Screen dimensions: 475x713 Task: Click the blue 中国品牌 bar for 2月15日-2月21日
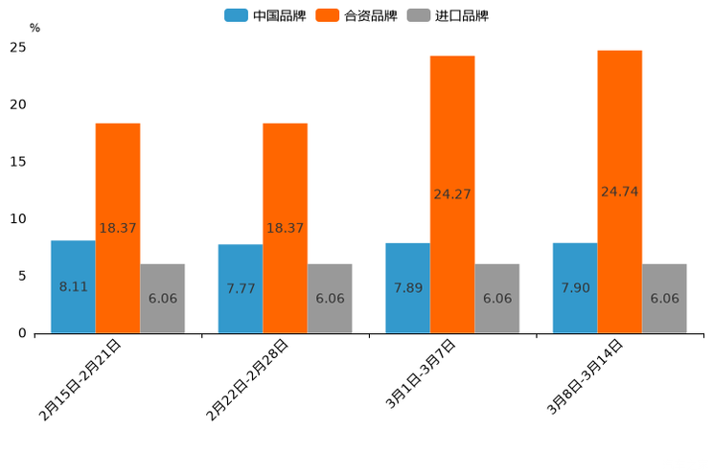(73, 286)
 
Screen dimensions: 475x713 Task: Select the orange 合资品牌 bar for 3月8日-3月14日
(619, 192)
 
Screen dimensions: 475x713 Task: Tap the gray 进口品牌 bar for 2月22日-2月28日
(330, 298)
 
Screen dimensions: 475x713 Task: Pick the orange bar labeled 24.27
(452, 194)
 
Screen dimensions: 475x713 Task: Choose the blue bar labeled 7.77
(241, 288)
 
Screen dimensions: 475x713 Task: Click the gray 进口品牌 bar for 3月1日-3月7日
(496, 298)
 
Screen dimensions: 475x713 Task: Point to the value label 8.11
(73, 286)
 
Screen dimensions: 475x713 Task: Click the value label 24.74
(619, 192)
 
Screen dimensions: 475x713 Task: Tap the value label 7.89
(408, 288)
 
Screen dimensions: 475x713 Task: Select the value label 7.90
(576, 288)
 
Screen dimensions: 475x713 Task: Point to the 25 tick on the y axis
(18, 47)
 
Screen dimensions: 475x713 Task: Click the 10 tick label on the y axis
(18, 219)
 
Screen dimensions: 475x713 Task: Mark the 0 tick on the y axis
(23, 333)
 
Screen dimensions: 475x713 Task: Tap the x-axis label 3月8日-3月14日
(585, 376)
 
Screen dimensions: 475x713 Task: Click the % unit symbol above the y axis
(34, 28)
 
